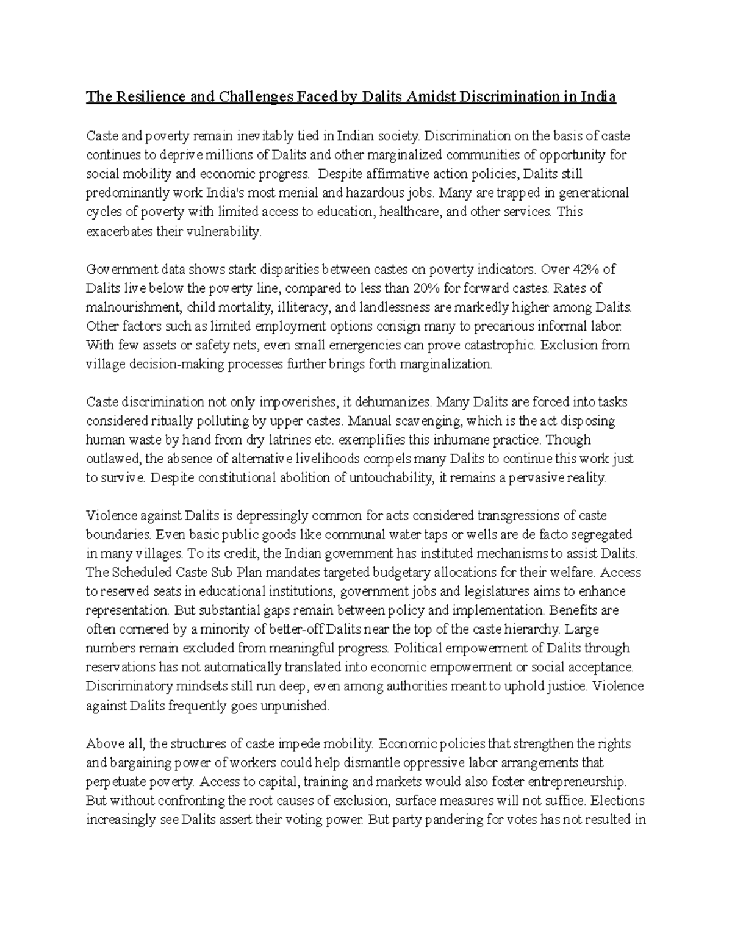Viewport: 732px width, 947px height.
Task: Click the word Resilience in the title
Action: tap(142, 97)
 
